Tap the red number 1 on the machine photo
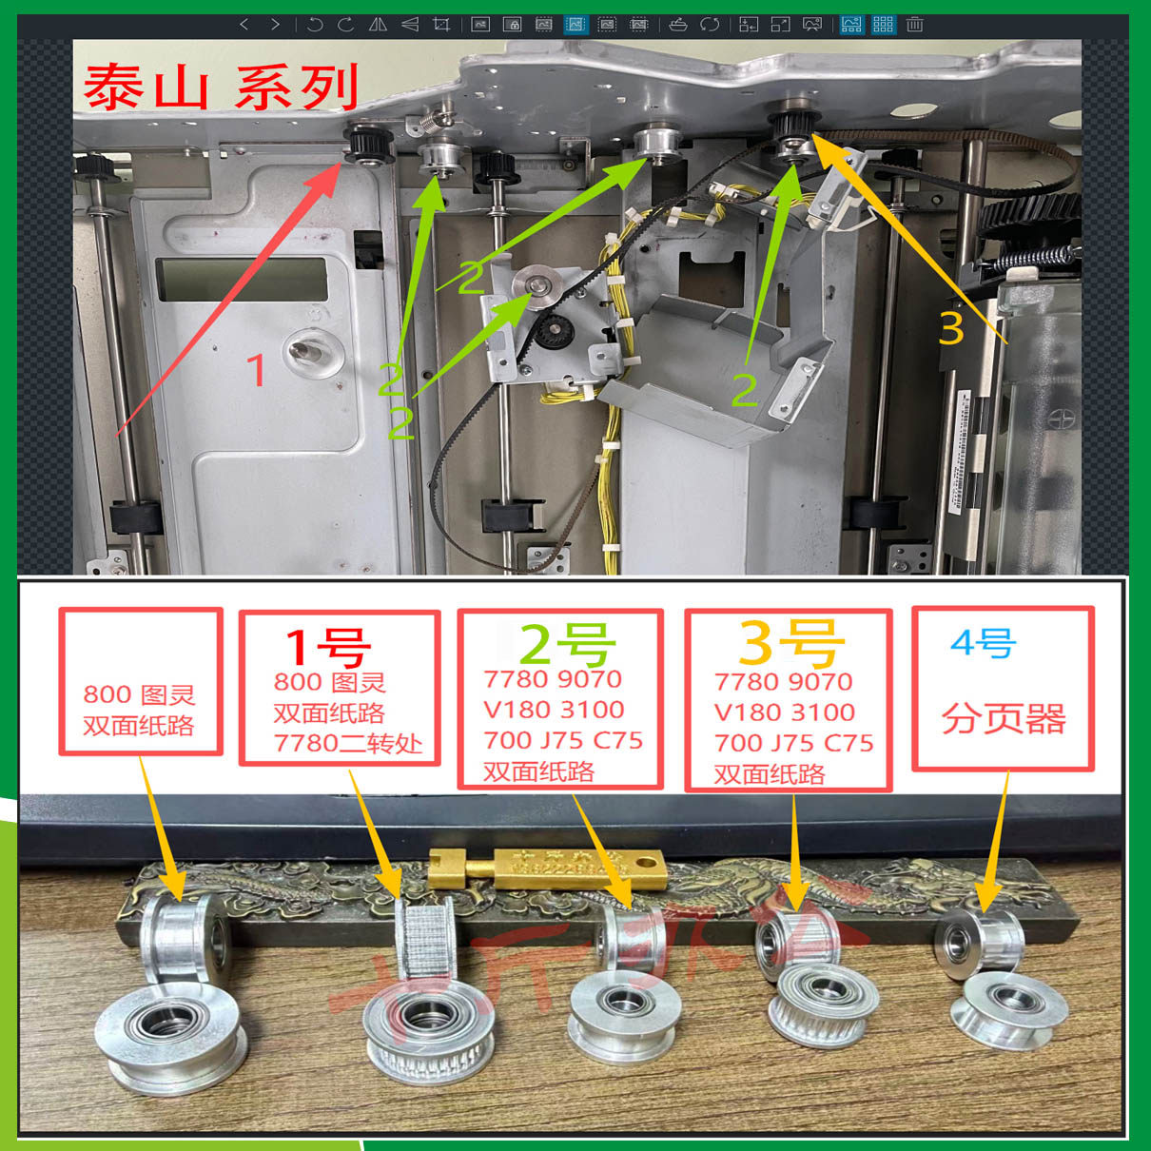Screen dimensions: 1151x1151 255,369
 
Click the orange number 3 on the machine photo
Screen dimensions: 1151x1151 950,327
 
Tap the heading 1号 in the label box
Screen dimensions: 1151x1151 327,646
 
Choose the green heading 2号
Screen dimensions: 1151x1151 567,644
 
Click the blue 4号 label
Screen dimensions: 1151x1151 984,644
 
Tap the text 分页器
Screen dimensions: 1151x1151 1003,719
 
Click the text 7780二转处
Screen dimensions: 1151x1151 347,743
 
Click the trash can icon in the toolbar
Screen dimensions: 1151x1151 914,25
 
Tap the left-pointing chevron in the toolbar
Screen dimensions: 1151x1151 244,25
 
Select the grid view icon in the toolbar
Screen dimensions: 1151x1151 883,25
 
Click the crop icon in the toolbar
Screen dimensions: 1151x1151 441,25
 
